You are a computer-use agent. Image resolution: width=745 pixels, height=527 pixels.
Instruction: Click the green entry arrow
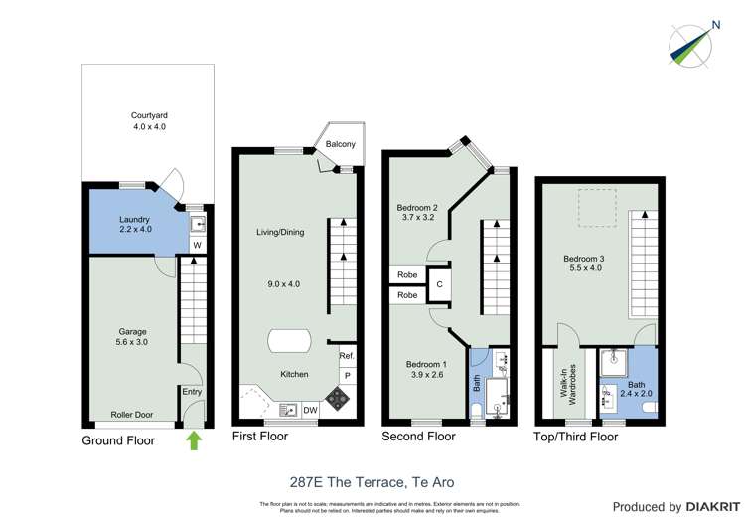click(193, 439)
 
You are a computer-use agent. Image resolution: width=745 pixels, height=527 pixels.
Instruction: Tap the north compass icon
click(691, 45)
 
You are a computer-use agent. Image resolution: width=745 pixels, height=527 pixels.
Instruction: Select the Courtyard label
click(148, 120)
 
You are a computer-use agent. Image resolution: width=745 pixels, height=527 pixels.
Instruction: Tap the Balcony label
click(341, 145)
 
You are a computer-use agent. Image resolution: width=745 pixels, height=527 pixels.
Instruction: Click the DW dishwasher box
click(310, 409)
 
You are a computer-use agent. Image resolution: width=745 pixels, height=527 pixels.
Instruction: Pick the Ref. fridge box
click(346, 356)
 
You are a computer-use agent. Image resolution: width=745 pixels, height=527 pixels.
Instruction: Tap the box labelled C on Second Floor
click(439, 284)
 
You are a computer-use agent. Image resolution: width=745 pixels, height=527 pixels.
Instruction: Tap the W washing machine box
click(197, 245)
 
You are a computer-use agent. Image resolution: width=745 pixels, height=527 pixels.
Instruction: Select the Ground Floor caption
click(118, 440)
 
